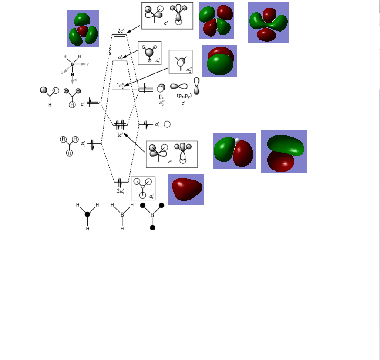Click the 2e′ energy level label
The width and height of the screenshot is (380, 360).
[x=121, y=31]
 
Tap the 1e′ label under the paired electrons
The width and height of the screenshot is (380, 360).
[x=120, y=135]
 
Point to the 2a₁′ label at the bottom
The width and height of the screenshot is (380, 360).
[x=121, y=190]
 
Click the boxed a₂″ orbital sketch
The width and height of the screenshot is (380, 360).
[x=181, y=62]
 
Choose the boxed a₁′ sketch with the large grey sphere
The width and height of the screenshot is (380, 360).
[x=150, y=53]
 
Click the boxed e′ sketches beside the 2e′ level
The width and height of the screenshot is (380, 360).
[x=167, y=16]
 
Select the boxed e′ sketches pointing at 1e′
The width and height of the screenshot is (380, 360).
[x=172, y=154]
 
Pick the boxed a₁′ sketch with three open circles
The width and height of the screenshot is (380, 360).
[x=143, y=188]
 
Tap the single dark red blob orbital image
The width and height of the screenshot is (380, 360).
[x=186, y=189]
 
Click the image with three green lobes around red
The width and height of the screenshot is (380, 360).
[x=83, y=28]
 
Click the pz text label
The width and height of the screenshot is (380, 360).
[x=161, y=97]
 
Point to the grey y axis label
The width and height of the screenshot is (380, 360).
[x=87, y=64]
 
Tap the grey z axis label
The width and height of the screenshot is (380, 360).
[x=62, y=73]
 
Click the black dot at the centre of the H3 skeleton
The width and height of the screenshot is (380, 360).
[x=87, y=214]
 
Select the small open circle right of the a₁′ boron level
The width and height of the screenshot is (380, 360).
[x=167, y=124]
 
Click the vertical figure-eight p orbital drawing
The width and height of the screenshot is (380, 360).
[x=197, y=86]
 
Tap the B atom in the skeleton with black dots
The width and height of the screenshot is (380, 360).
[x=152, y=215]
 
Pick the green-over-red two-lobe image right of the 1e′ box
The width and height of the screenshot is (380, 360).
[x=284, y=152]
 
